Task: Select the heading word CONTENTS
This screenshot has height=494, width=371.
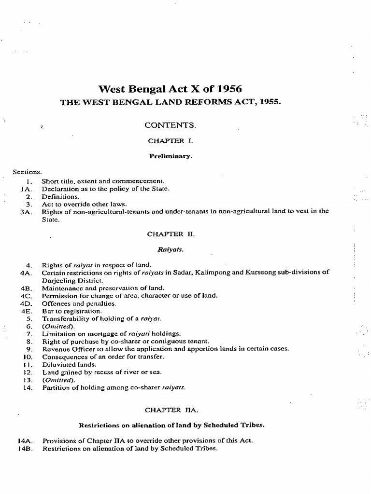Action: pos(171,125)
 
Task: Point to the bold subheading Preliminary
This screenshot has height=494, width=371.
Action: pos(171,156)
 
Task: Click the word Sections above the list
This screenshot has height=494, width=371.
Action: pos(28,171)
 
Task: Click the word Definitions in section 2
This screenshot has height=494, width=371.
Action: pos(60,196)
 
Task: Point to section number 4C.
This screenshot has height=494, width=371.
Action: pos(26,296)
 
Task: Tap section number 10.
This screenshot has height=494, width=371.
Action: pos(27,357)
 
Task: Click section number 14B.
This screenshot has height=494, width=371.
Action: pos(25,448)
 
